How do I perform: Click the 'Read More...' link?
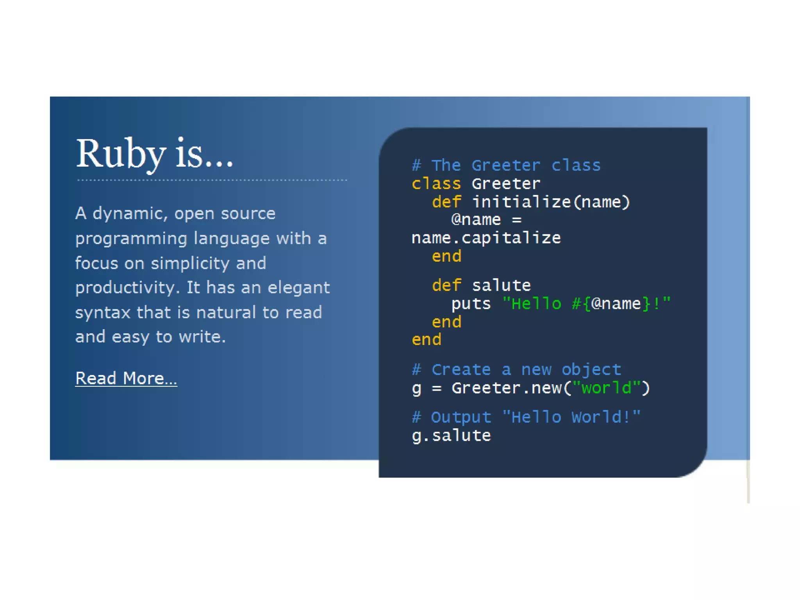click(x=126, y=379)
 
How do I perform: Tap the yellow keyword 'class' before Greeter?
click(x=436, y=184)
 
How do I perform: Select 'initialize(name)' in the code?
click(x=551, y=202)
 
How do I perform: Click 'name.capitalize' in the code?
click(x=486, y=238)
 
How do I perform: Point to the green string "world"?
click(x=606, y=388)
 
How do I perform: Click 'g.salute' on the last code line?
click(x=451, y=436)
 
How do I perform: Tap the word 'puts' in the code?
click(x=471, y=304)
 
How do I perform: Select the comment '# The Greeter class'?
click(x=506, y=166)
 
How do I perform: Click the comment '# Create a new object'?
click(x=516, y=370)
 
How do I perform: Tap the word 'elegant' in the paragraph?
click(x=299, y=288)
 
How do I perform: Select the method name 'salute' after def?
click(x=501, y=286)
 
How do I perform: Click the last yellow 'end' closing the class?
click(x=426, y=339)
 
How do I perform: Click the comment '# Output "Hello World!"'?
click(x=526, y=417)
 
